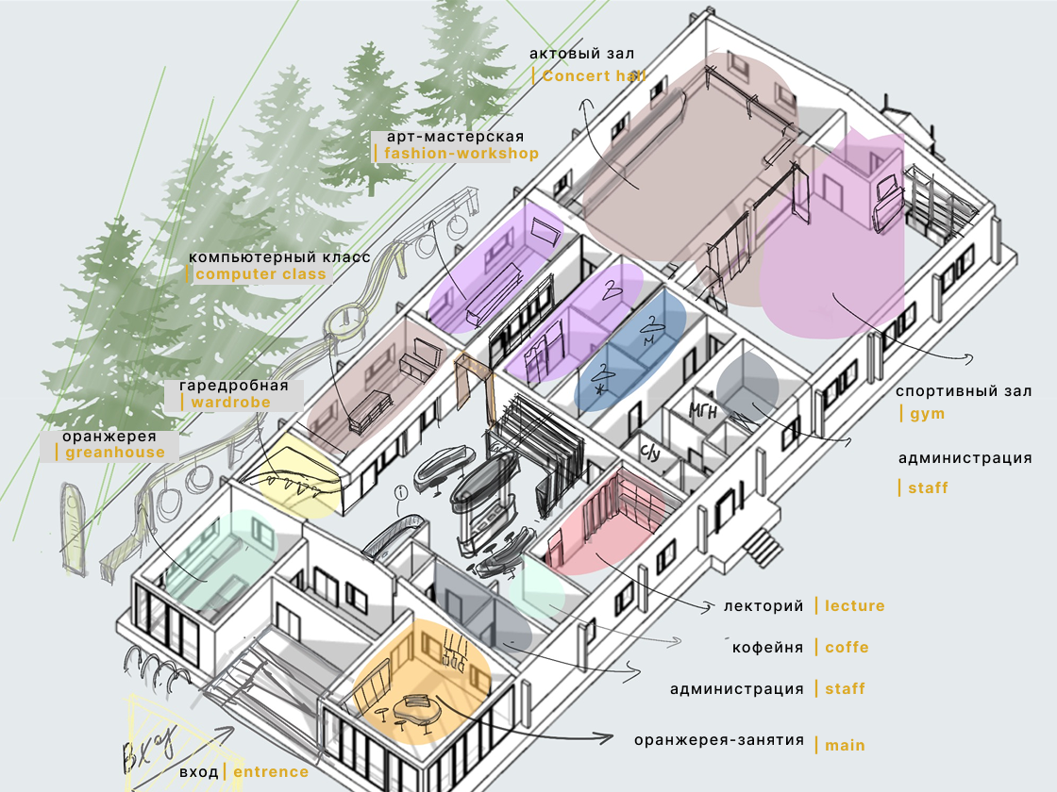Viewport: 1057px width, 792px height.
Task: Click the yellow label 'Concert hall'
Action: point(594,76)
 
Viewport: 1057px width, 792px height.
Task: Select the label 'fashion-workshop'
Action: point(461,153)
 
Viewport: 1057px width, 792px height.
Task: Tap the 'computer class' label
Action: point(260,274)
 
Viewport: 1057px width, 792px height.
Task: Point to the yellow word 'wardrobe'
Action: point(230,402)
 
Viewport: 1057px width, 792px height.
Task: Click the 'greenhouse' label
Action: point(114,452)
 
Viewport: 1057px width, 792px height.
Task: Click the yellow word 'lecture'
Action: point(854,606)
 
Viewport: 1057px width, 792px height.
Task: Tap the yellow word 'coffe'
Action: point(847,648)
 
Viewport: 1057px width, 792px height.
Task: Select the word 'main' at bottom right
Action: point(845,745)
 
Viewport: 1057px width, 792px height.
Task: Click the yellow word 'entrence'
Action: point(271,771)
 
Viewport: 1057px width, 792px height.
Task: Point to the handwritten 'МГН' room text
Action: point(703,409)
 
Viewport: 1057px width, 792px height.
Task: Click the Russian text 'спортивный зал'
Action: point(963,390)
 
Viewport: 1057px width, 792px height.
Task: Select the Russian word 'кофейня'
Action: point(767,648)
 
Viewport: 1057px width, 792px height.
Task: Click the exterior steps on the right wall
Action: point(761,544)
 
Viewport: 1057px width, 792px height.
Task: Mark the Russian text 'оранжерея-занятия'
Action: point(719,740)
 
